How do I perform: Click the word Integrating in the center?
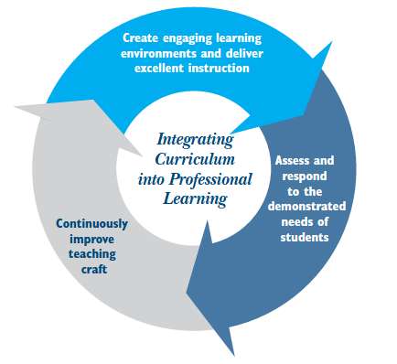click(195, 141)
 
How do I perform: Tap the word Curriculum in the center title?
click(195, 159)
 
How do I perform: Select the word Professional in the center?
click(210, 179)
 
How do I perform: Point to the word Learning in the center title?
click(196, 199)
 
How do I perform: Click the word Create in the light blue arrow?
click(141, 38)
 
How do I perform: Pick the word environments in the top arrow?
click(158, 53)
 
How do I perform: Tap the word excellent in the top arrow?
click(159, 68)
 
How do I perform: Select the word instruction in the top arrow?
click(219, 68)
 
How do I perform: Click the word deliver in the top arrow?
click(244, 53)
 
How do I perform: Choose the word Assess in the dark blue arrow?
click(292, 161)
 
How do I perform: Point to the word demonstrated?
click(306, 207)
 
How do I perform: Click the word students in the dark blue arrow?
click(305, 237)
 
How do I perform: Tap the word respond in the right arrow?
click(305, 177)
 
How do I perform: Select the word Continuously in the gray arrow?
click(91, 224)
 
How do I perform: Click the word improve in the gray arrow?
click(91, 240)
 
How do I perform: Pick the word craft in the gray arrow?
click(94, 269)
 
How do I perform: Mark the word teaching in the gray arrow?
click(92, 254)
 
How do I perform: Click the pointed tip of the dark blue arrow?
click(234, 356)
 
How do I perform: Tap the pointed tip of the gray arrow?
click(14, 107)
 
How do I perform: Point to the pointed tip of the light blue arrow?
click(332, 42)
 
